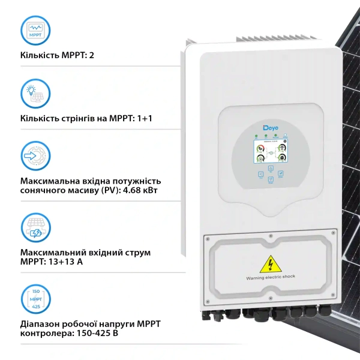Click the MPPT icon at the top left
(35, 31)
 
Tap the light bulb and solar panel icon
(35, 94)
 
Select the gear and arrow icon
(35, 157)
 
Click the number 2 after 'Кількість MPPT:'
(92, 56)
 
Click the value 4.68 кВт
(145, 191)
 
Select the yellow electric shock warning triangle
(270, 264)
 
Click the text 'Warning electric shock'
(270, 278)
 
